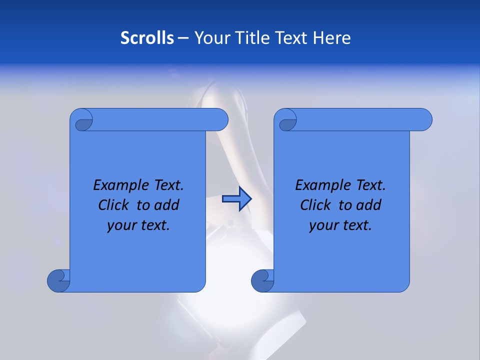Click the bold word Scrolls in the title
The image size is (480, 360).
[147, 38]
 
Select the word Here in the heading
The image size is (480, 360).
[332, 38]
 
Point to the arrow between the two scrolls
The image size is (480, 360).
[236, 199]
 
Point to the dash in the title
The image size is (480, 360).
[183, 38]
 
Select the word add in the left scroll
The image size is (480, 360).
[167, 205]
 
